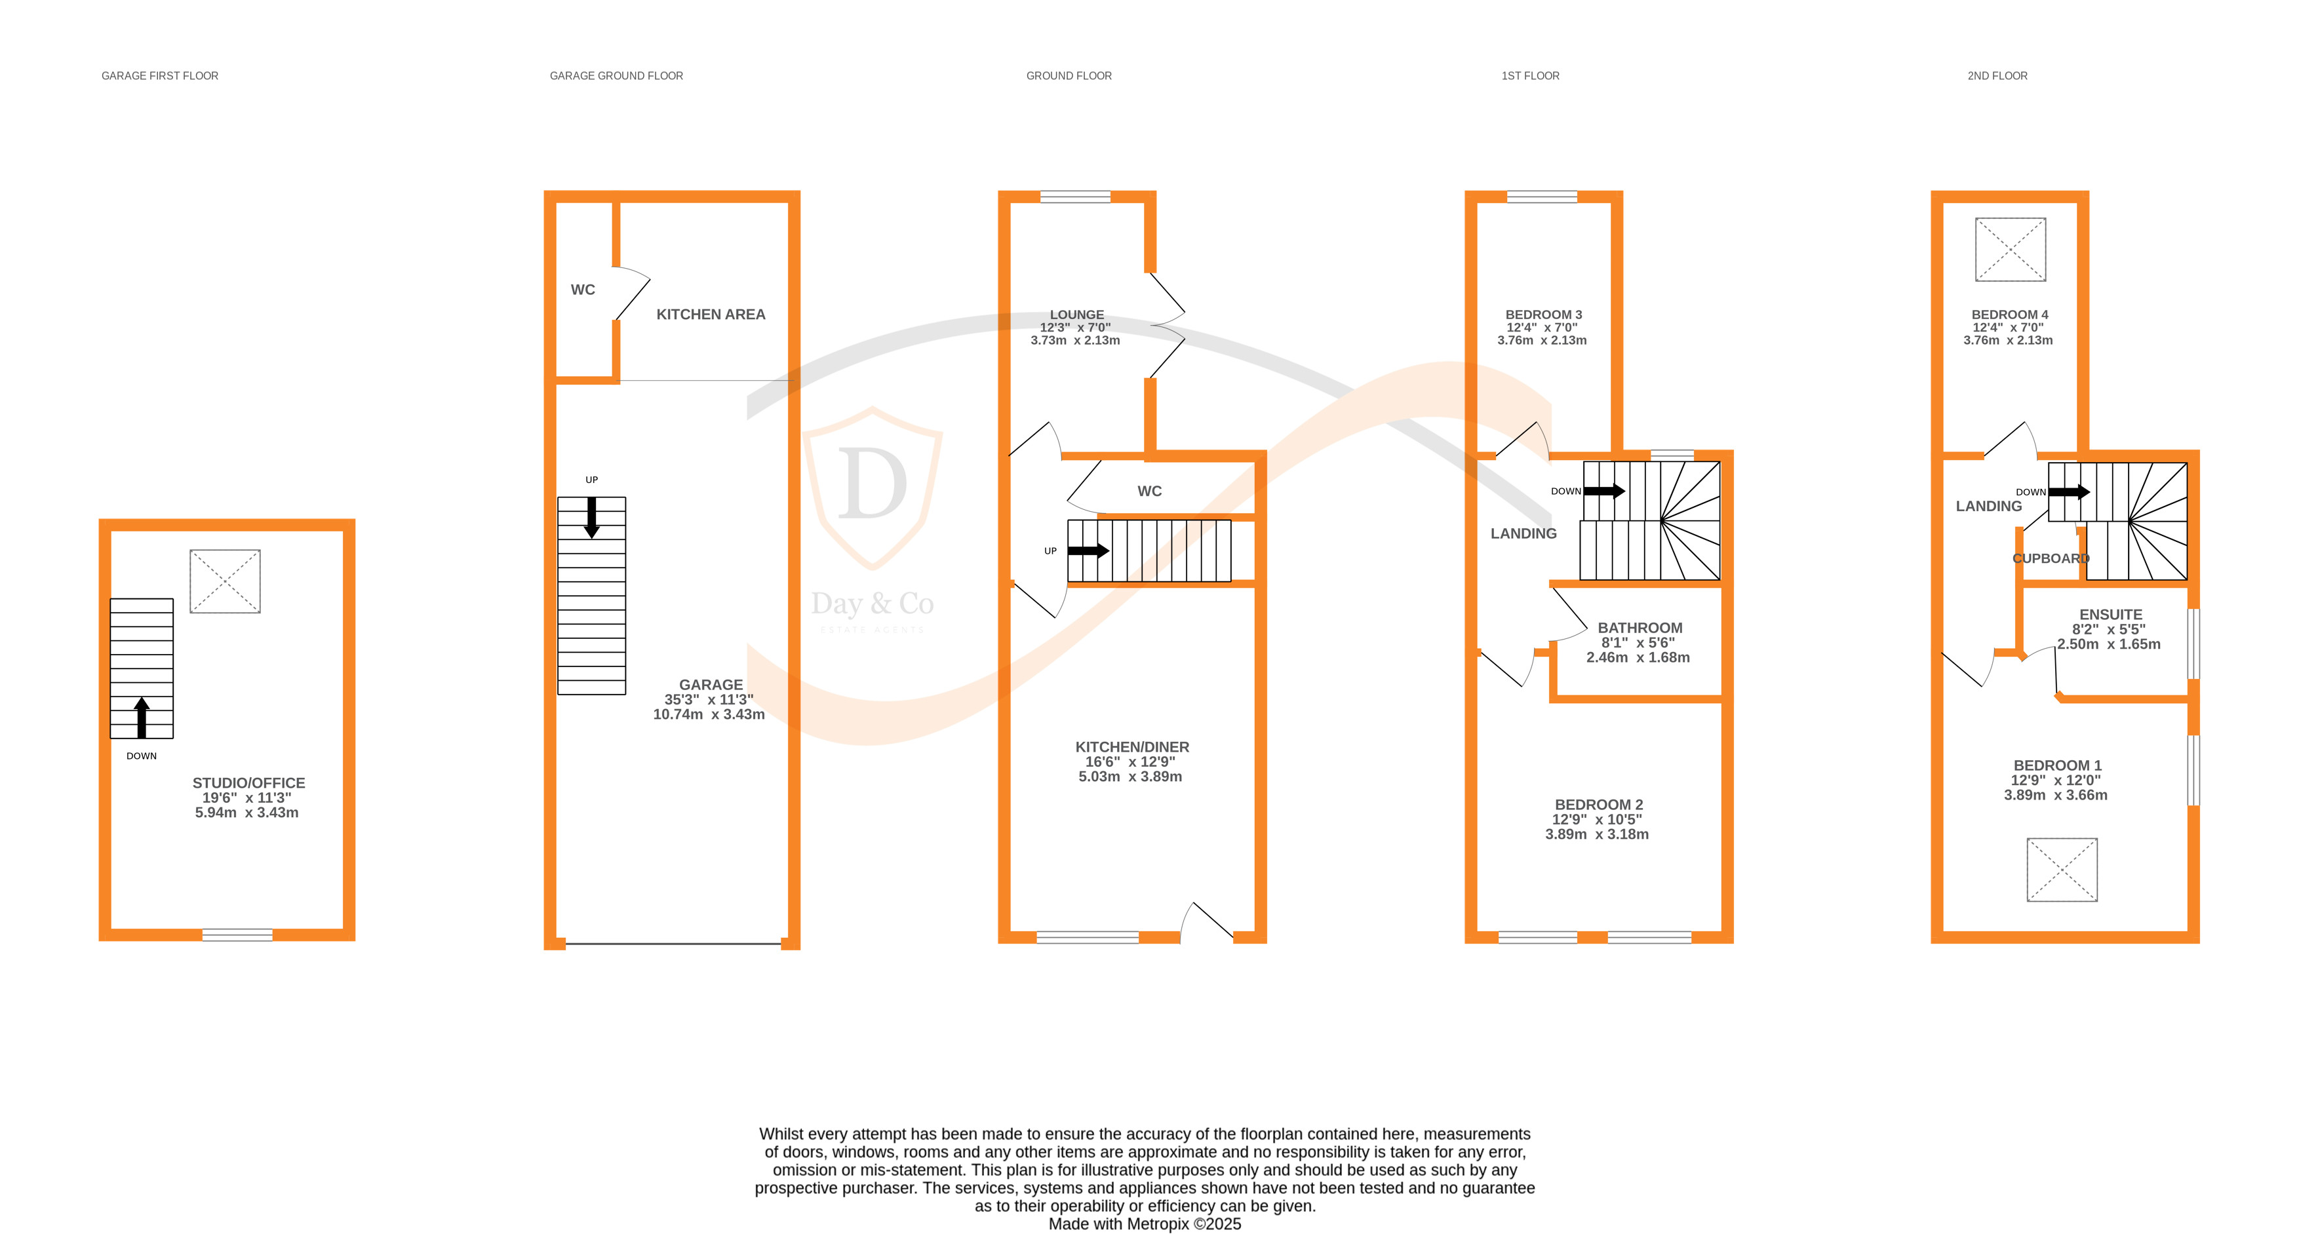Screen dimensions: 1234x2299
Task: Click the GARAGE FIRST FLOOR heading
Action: (x=160, y=76)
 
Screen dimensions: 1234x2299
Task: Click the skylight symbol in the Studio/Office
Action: (x=225, y=581)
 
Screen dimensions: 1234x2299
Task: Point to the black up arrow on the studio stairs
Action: (x=141, y=718)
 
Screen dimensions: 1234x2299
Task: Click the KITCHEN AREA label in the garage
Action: (x=711, y=314)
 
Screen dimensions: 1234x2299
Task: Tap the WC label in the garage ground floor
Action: (x=583, y=290)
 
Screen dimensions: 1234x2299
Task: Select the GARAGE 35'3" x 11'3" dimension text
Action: (x=709, y=699)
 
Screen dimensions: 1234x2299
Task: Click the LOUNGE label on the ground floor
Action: (x=1076, y=314)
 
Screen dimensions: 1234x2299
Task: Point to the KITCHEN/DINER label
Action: (x=1131, y=747)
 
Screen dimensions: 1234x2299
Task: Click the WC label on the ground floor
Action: (x=1150, y=491)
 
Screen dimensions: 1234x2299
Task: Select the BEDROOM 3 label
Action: (x=1543, y=314)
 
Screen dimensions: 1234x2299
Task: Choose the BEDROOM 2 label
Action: (x=1598, y=805)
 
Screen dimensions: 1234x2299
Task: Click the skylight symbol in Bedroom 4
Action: (x=2010, y=249)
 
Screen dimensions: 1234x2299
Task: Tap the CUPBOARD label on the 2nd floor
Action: (x=2050, y=558)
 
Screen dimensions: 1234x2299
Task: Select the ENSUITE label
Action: (x=2110, y=615)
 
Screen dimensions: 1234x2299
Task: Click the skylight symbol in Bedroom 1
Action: (x=2062, y=869)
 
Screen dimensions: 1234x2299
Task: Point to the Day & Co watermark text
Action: (x=872, y=604)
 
